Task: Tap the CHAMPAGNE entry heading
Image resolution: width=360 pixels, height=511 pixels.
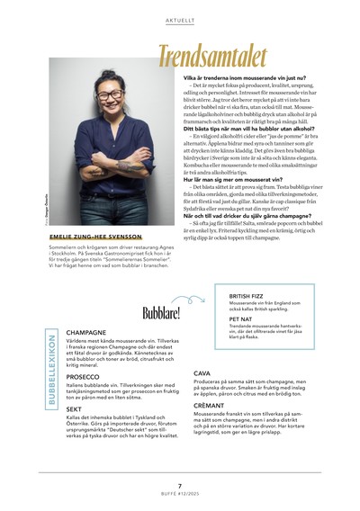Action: point(86,332)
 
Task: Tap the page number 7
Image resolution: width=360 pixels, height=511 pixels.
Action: point(180,485)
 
